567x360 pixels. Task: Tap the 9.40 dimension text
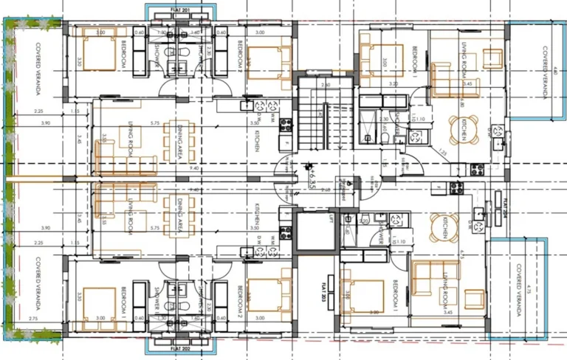click(x=174, y=168)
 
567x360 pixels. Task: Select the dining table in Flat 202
click(x=179, y=213)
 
